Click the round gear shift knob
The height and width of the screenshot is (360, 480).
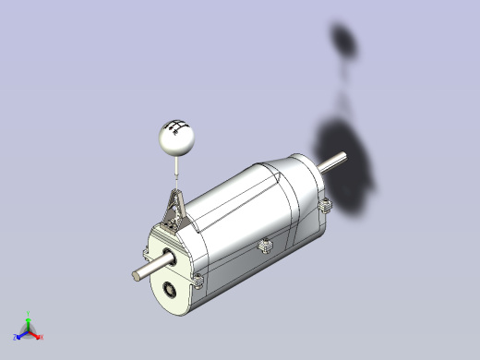click(174, 138)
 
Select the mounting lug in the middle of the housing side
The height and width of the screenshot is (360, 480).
click(264, 246)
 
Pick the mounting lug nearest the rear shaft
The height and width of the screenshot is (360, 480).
click(325, 205)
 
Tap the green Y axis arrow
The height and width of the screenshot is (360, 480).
click(29, 322)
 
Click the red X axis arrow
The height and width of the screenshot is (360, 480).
click(35, 336)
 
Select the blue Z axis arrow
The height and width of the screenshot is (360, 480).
click(20, 335)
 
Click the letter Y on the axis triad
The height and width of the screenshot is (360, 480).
click(29, 313)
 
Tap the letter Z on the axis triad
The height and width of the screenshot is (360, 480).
click(14, 338)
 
